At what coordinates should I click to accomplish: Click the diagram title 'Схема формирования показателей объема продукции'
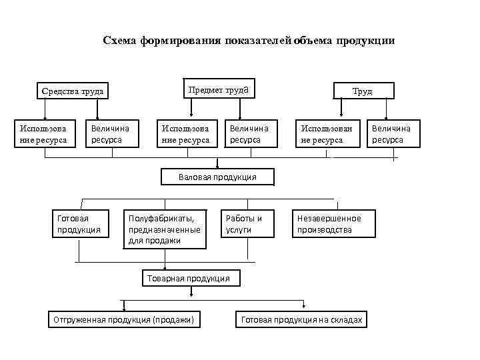[249, 41]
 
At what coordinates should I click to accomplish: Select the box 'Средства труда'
[73, 91]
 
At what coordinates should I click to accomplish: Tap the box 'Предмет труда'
[219, 89]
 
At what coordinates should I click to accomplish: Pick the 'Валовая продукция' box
[217, 177]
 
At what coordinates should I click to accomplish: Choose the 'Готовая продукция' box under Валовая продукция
[79, 223]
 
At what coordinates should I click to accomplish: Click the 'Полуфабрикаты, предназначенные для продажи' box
[164, 229]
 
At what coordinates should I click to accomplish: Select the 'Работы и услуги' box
[247, 223]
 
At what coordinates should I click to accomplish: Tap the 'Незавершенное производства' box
[333, 223]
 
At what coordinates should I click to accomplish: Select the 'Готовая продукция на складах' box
[301, 320]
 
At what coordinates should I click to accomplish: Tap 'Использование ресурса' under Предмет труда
[185, 134]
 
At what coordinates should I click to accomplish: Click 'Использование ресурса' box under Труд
[327, 134]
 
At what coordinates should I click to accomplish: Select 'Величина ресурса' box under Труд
[393, 134]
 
